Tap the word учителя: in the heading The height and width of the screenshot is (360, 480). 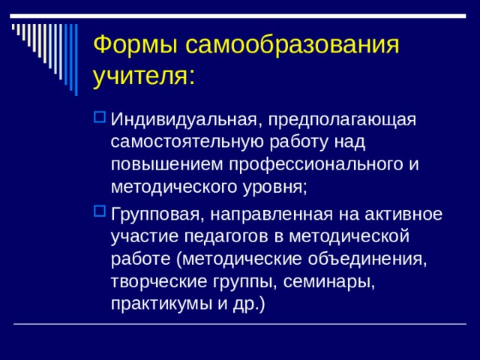145,76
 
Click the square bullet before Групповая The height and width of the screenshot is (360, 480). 100,212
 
